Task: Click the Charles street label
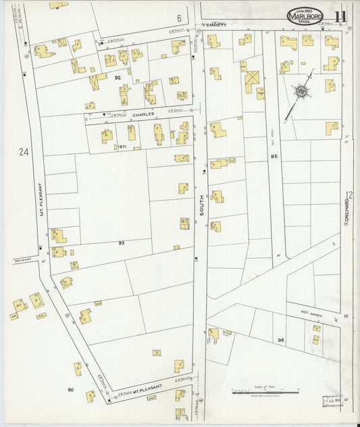[143, 114]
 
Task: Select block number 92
[117, 78]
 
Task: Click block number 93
[122, 243]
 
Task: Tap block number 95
[274, 156]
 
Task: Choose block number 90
[70, 390]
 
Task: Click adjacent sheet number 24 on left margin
[24, 153]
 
